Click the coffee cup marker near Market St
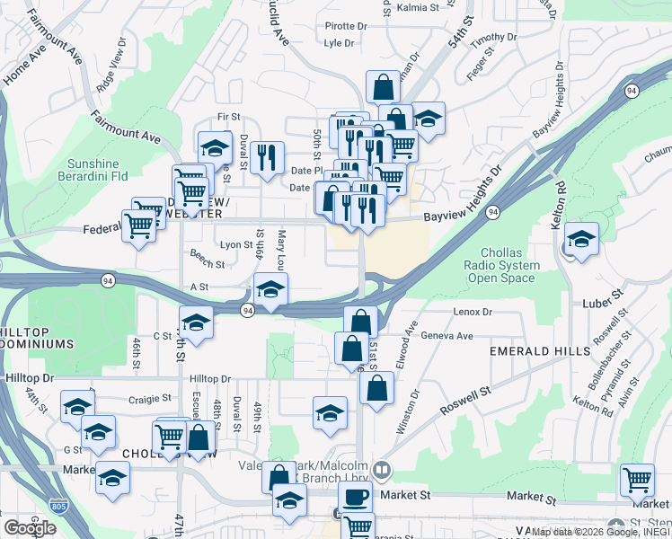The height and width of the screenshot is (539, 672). [355, 497]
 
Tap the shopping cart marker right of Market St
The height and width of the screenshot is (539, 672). [637, 480]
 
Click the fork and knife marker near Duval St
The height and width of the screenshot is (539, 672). [266, 158]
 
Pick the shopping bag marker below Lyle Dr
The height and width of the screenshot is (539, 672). [383, 88]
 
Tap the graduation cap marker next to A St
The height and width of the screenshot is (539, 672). [270, 290]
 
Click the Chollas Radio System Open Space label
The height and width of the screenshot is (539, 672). [502, 265]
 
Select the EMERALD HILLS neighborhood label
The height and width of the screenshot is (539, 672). [526, 351]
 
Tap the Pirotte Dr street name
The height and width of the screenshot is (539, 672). [347, 26]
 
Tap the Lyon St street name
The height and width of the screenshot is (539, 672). [236, 244]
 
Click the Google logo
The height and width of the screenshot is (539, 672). [30, 527]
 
